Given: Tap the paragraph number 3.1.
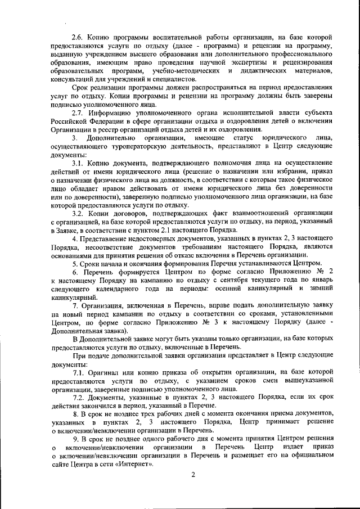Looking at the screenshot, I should pyautogui.click(x=78, y=163).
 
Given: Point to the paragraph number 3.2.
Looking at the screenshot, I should pyautogui.click(x=78, y=214).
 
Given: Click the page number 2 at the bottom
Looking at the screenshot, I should pyautogui.click(x=192, y=475).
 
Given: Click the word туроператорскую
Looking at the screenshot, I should pyautogui.click(x=131, y=146).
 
